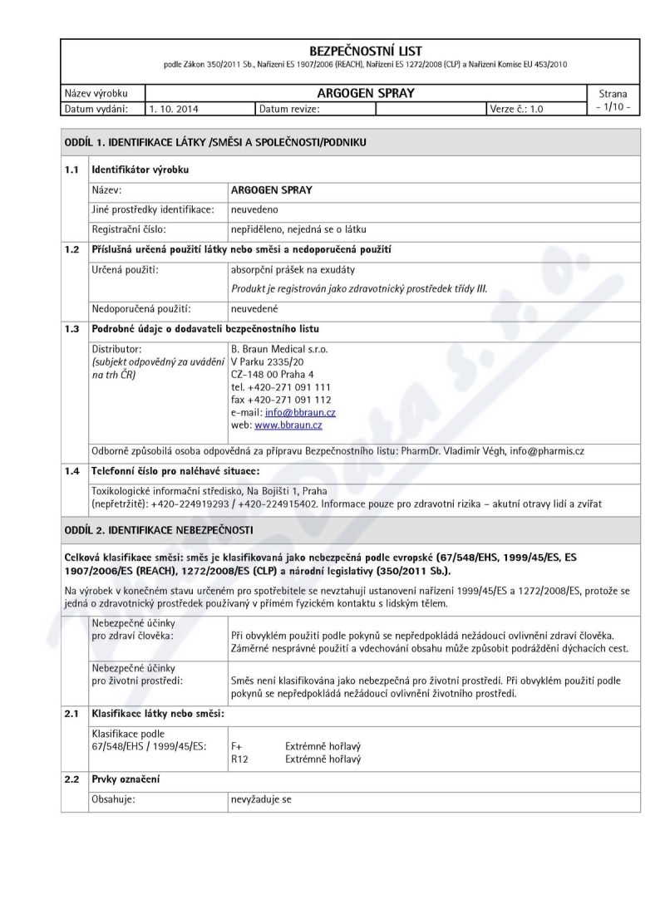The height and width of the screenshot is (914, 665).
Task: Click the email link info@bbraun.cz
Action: click(x=300, y=413)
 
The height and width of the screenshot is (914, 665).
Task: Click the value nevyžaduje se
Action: click(x=261, y=799)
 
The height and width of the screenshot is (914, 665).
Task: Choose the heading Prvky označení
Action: click(x=125, y=781)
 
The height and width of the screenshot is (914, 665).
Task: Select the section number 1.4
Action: click(x=73, y=471)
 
